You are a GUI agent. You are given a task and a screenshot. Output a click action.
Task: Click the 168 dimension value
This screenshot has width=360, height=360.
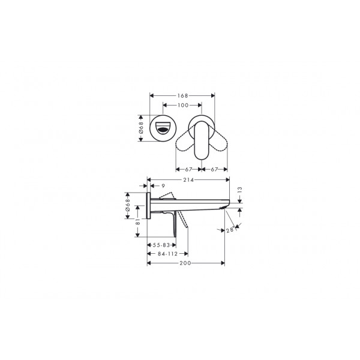click(x=182, y=95)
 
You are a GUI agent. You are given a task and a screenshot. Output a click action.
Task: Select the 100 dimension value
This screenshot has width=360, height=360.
click(x=183, y=105)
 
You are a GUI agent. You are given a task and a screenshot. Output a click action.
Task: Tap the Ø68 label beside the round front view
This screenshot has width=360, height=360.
click(x=141, y=128)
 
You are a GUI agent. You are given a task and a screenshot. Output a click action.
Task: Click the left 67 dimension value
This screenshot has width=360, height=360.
click(x=188, y=169)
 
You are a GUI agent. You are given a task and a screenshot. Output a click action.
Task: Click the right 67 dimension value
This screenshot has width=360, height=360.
click(x=214, y=169)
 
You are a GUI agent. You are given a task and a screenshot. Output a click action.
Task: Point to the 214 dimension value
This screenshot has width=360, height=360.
click(x=188, y=180)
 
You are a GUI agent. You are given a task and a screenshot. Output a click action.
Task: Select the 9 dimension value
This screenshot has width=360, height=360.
click(x=163, y=186)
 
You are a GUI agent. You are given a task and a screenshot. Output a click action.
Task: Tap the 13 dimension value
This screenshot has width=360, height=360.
click(x=239, y=190)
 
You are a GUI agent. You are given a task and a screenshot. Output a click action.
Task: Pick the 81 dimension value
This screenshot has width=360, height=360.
click(x=137, y=221)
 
